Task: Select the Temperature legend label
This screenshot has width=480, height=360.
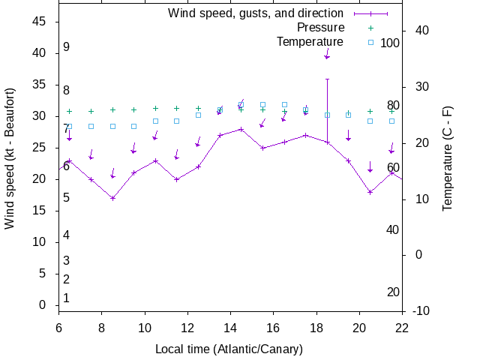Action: click(x=310, y=42)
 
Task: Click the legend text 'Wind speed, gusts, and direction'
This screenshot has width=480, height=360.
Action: click(x=256, y=13)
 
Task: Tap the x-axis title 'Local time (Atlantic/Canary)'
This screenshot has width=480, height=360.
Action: click(x=229, y=349)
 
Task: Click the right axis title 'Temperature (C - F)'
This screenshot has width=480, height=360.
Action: click(x=448, y=158)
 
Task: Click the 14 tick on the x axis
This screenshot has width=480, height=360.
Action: click(x=230, y=327)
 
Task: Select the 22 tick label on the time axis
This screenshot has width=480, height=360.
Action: click(x=402, y=327)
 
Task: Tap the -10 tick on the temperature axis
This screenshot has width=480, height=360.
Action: click(x=422, y=310)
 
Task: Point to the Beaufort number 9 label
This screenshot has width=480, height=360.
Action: click(x=66, y=47)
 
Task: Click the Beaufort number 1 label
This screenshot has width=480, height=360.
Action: click(x=66, y=298)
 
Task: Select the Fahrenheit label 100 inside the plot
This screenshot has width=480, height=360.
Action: click(x=390, y=43)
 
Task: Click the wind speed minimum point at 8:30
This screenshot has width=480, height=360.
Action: click(x=112, y=198)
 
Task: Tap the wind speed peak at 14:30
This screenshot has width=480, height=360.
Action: click(x=241, y=129)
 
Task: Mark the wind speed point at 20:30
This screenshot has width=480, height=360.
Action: click(x=370, y=192)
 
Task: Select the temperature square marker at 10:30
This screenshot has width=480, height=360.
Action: click(x=155, y=121)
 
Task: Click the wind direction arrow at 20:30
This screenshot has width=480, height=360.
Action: click(x=370, y=166)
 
